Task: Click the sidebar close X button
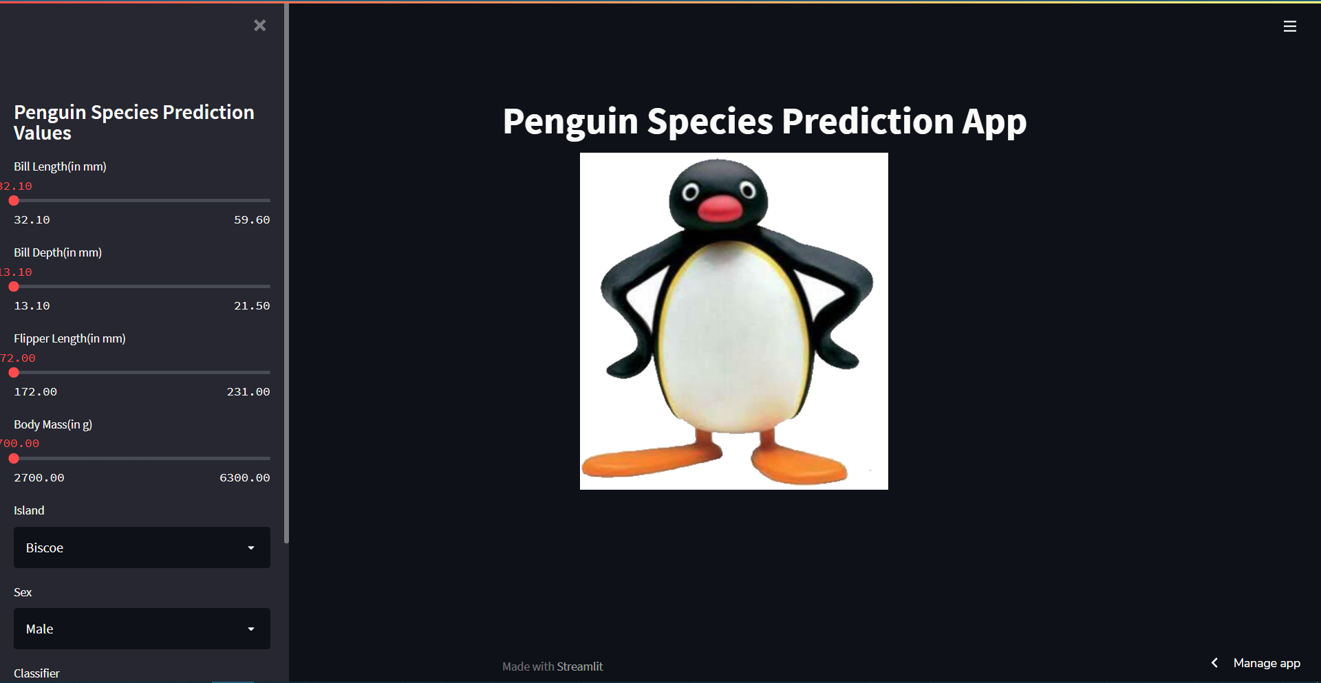pos(259,25)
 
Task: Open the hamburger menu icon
pos(1289,26)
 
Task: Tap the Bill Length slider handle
pos(14,201)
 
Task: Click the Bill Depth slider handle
pos(14,287)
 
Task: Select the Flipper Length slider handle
pos(14,373)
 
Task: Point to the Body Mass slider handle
pos(14,459)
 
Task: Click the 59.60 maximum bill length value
pos(252,220)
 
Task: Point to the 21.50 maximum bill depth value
pos(252,306)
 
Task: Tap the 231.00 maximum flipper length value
pos(248,392)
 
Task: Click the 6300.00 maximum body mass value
pos(244,478)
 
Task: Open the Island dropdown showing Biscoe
pos(142,548)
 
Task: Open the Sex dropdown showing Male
pos(142,629)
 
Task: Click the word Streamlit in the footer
pos(579,666)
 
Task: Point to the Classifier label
pos(36,673)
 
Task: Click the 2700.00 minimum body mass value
pos(39,478)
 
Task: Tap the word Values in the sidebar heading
pos(43,133)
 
